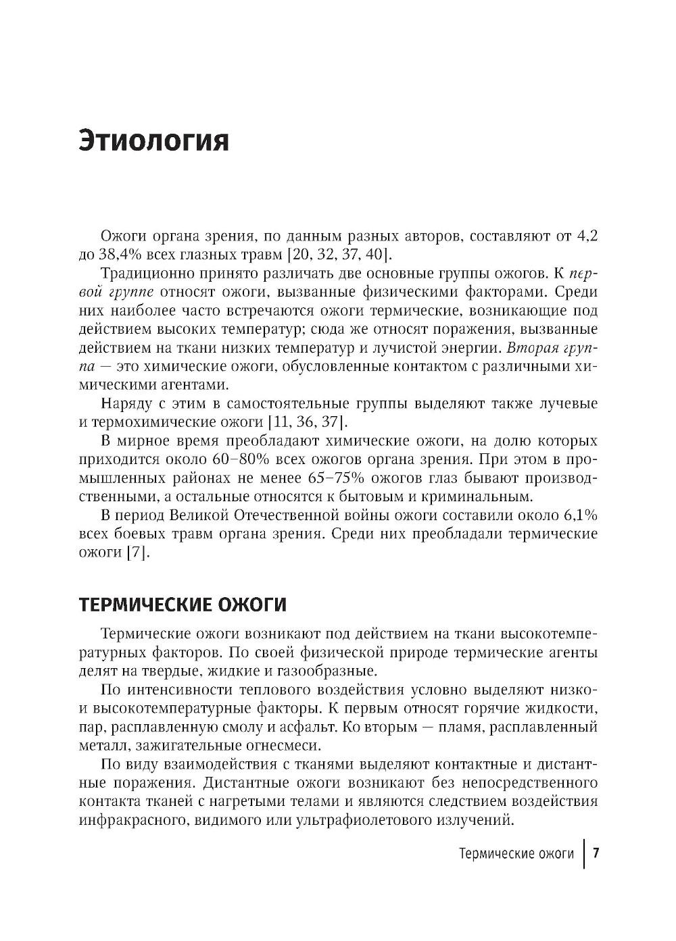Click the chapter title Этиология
[x=154, y=141]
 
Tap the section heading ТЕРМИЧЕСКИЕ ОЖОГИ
[x=183, y=605]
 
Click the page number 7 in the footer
[x=596, y=853]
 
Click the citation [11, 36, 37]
[x=308, y=423]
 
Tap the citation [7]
[x=137, y=553]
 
